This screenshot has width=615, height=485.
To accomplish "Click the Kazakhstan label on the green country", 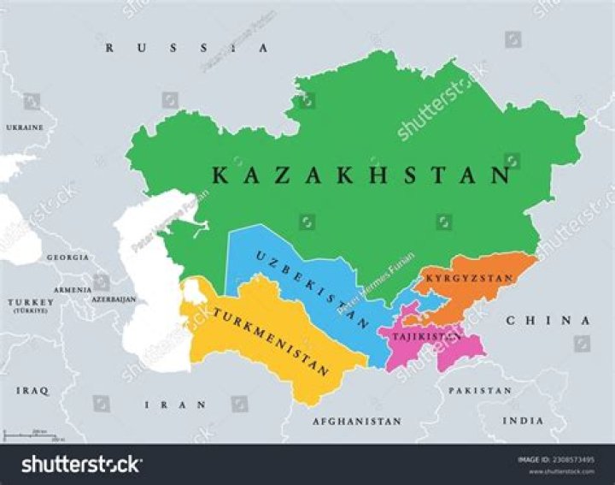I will pos(360,175).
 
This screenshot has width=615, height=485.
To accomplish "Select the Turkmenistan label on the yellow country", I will pos(272,340).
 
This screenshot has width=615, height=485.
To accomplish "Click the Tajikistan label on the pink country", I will pos(426,337).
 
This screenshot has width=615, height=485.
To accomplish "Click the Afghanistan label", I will pos(356,422).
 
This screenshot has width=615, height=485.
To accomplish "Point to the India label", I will pos(521,421).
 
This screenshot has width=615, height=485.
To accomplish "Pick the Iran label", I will pos(175,405).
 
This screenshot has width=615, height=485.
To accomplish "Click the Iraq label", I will pos(32,390).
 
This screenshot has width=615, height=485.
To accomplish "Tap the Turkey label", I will pos(31,304).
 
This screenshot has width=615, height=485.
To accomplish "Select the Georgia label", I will pos(67,257).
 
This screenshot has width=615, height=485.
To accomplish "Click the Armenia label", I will pos(73,290).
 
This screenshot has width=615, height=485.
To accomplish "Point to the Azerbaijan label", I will pos(113,299).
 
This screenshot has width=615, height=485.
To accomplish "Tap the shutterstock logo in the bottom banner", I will pos(81,464).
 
